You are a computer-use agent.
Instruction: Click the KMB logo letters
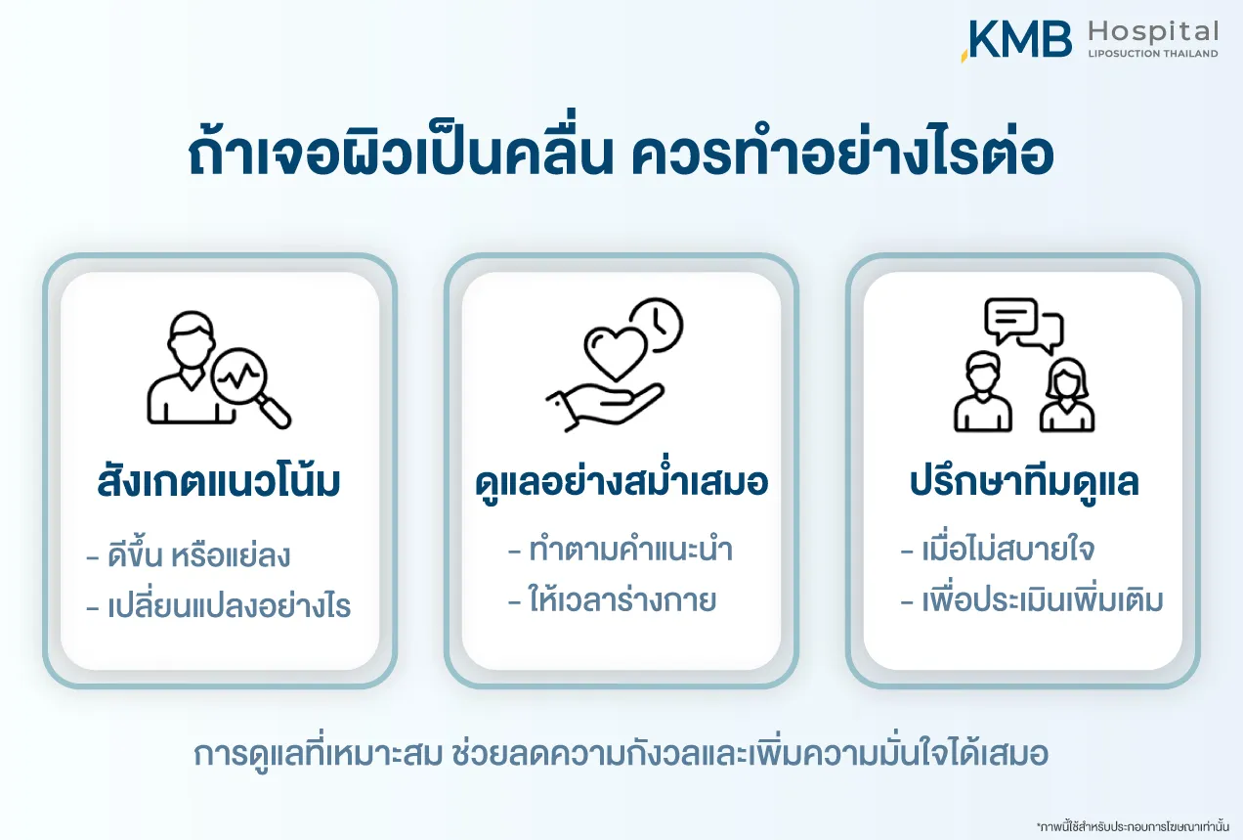point(1016,39)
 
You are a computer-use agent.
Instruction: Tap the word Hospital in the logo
point(1153,32)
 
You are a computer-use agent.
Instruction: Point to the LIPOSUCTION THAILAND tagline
point(1153,54)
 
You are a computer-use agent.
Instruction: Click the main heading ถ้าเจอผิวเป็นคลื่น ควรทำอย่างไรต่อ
point(621,149)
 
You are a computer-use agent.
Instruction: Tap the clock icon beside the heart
point(658,325)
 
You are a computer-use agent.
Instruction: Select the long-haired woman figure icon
point(1066,395)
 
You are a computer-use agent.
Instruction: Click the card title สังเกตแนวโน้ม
point(219,482)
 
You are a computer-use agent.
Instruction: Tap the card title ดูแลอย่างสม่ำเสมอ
point(621,481)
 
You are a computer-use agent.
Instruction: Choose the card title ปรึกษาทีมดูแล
point(1024,482)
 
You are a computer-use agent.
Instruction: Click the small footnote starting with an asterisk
point(1133,826)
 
